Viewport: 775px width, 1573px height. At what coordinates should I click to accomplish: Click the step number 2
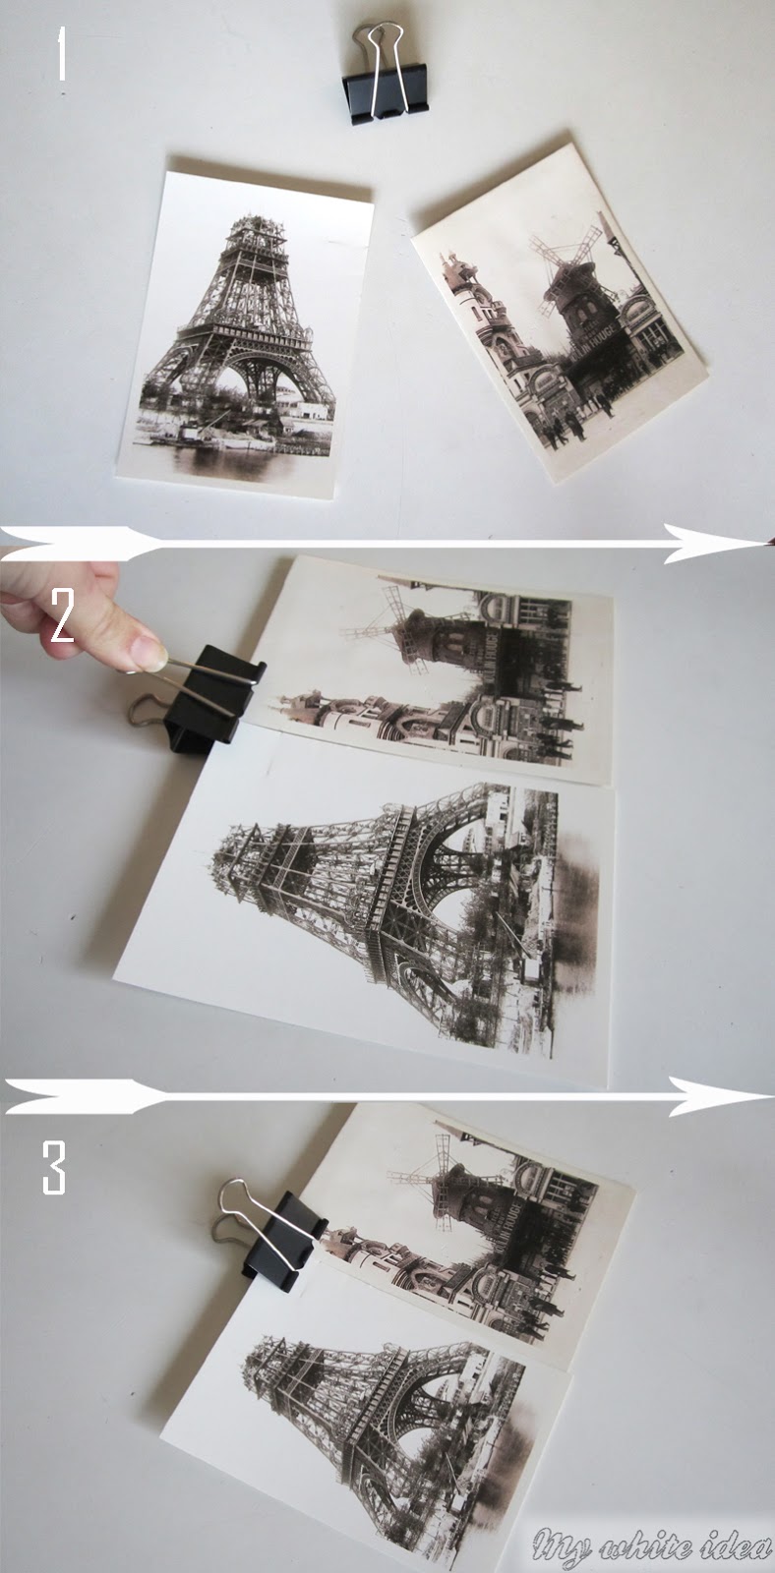pyautogui.click(x=61, y=620)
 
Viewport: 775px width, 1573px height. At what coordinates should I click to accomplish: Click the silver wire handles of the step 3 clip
pyautogui.click(x=241, y=1209)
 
